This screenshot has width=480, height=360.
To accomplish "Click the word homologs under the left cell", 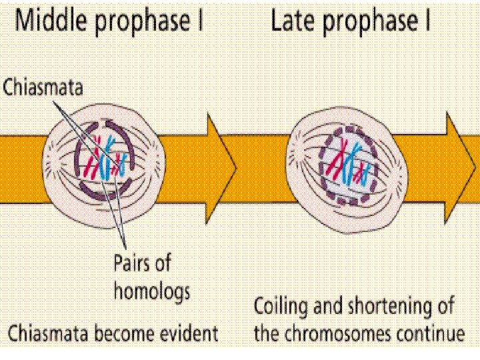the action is (x=151, y=291).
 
